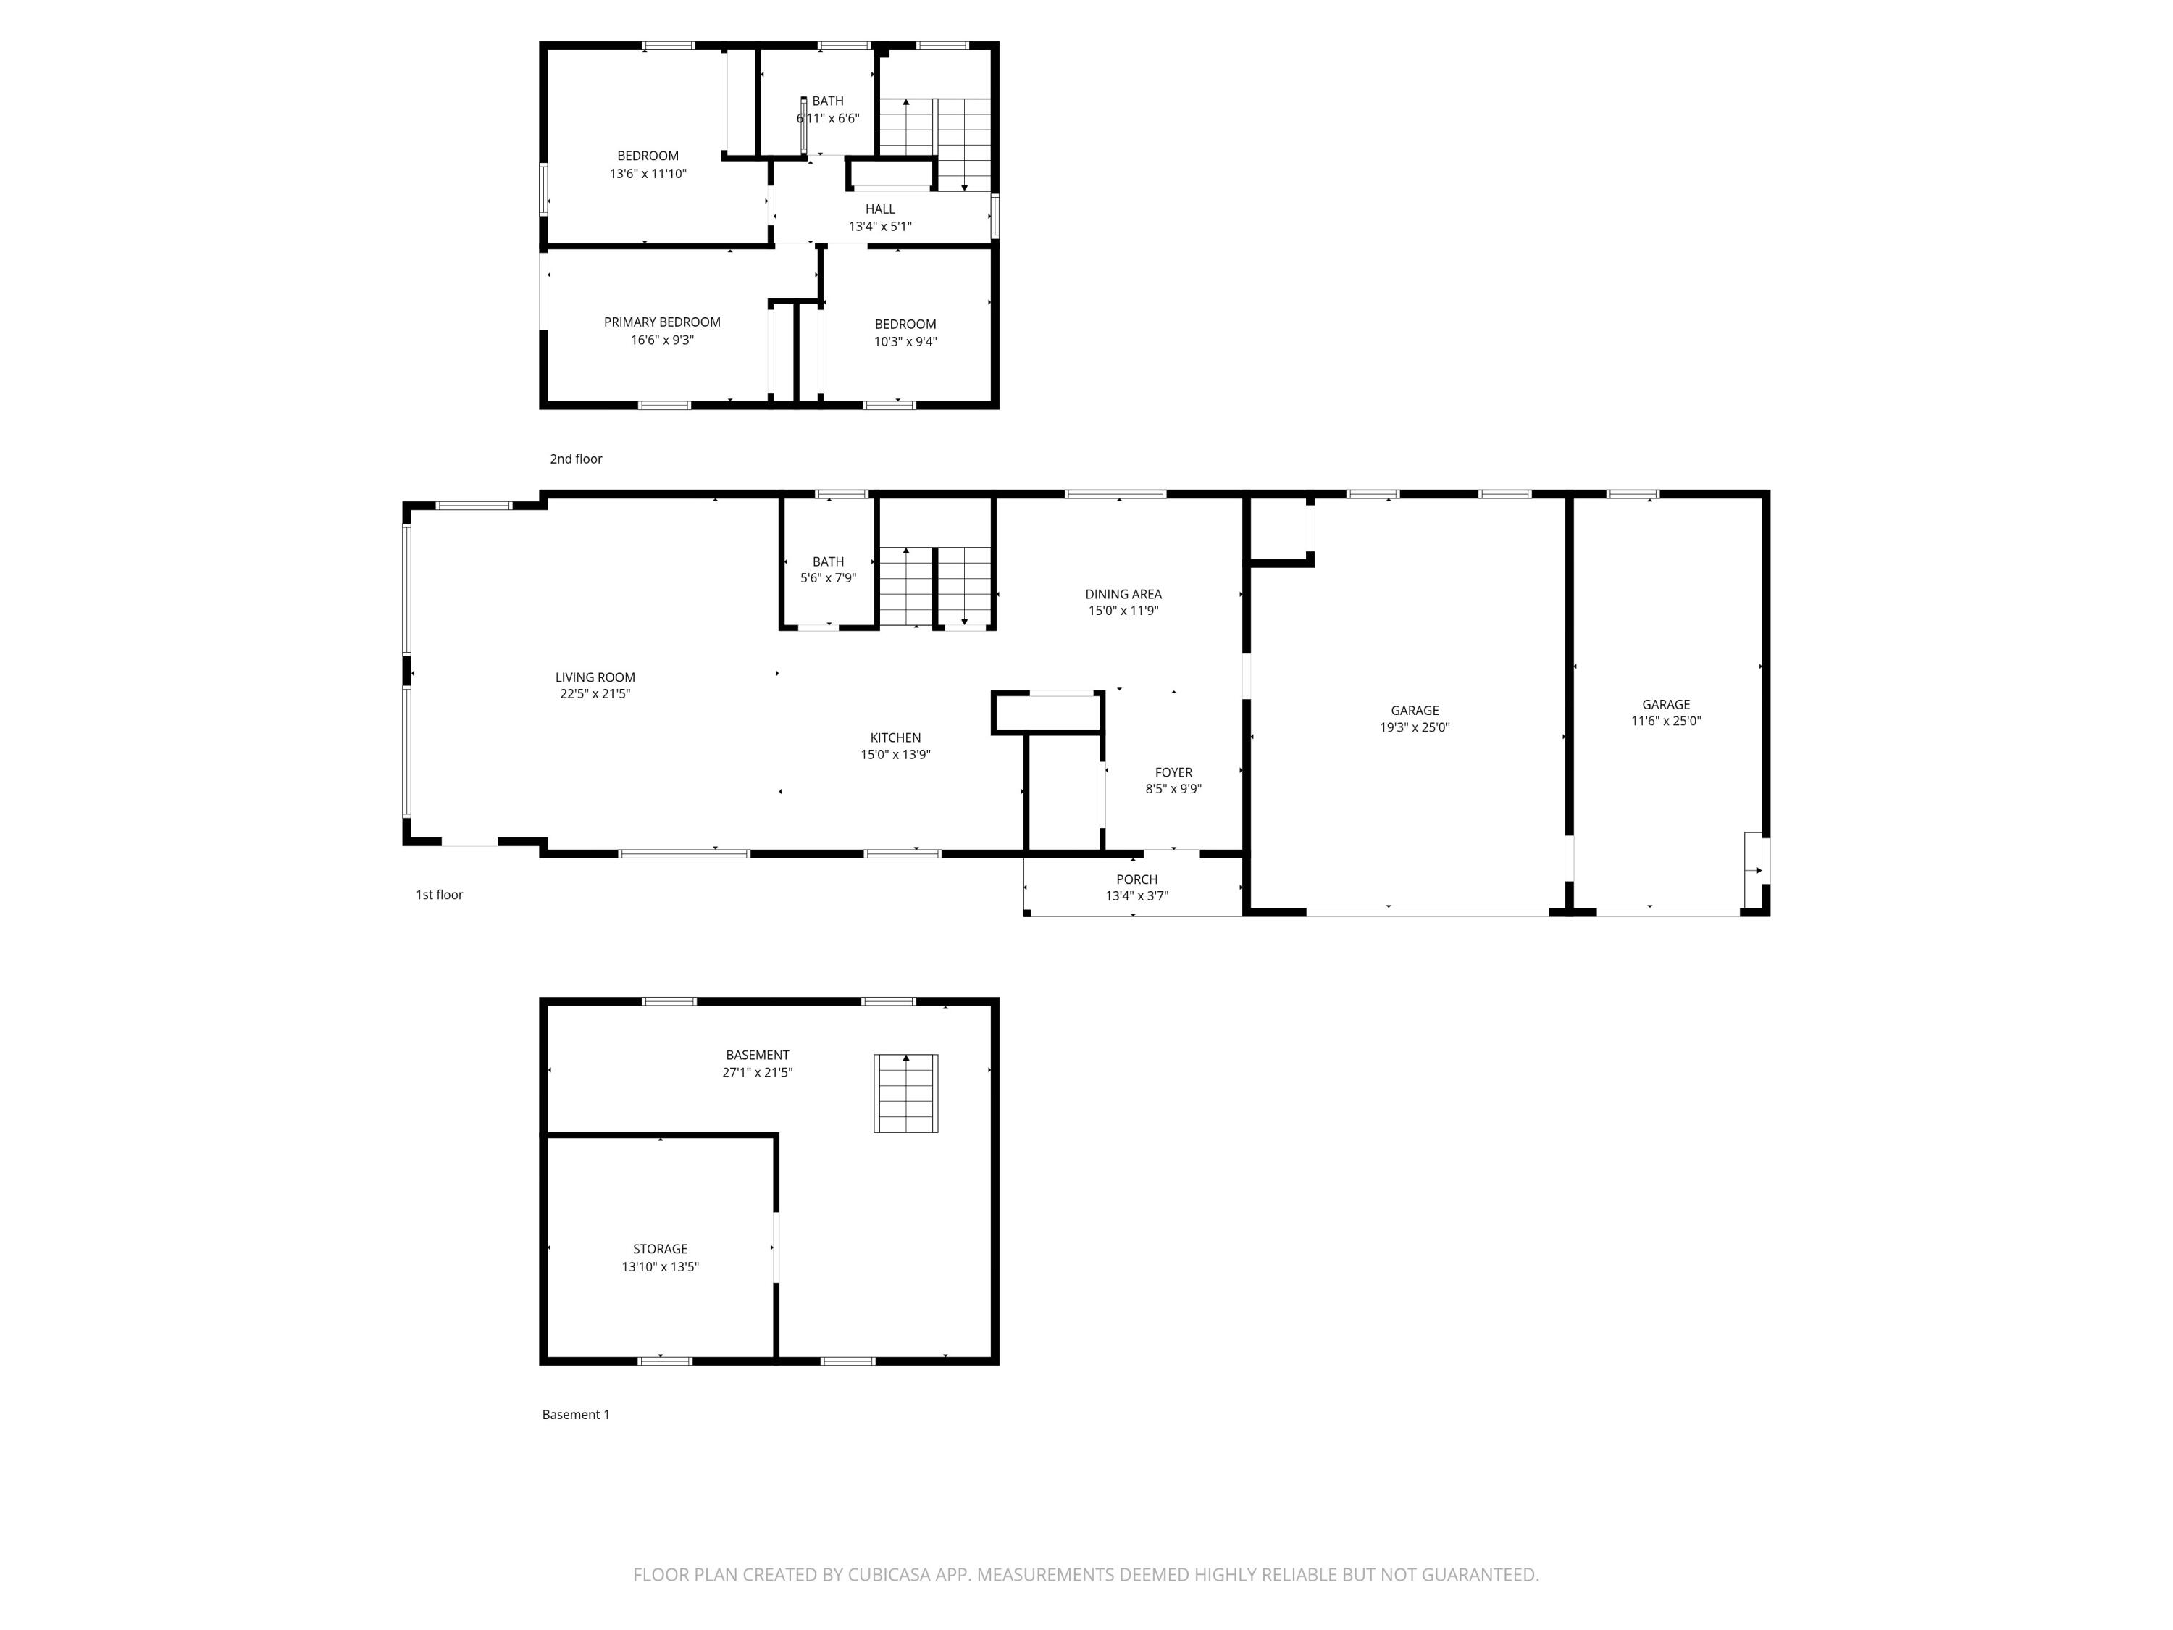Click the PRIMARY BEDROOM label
pyautogui.click(x=661, y=322)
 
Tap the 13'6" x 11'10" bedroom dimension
pyautogui.click(x=648, y=174)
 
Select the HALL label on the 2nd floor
pyautogui.click(x=879, y=209)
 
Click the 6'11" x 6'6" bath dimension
pyautogui.click(x=828, y=119)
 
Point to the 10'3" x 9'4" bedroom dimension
pyautogui.click(x=905, y=342)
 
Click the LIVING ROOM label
pyautogui.click(x=595, y=677)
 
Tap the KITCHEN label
pyautogui.click(x=895, y=738)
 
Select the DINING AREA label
pyautogui.click(x=1123, y=595)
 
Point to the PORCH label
pyautogui.click(x=1136, y=879)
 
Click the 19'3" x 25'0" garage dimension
pyautogui.click(x=1414, y=728)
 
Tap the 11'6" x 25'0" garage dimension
pyautogui.click(x=1665, y=721)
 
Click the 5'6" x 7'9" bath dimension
pyautogui.click(x=827, y=579)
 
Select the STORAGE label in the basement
pyautogui.click(x=659, y=1249)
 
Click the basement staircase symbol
pyautogui.click(x=905, y=1092)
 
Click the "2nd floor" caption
pyautogui.click(x=576, y=459)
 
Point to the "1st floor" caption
pyautogui.click(x=439, y=895)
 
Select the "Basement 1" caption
pyautogui.click(x=576, y=1415)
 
